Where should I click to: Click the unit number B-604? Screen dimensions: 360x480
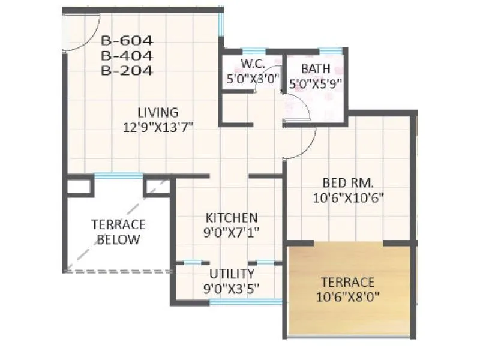click(127, 41)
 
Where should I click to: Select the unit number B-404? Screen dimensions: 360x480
click(127, 56)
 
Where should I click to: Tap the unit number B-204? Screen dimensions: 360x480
click(127, 70)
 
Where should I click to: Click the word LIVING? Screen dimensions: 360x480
click(158, 112)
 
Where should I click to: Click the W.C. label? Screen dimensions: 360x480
click(253, 65)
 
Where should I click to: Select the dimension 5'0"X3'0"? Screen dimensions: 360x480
click(253, 79)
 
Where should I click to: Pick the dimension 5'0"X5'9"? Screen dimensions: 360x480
click(316, 83)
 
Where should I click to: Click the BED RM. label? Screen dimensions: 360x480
click(348, 182)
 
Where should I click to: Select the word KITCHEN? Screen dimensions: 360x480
click(232, 217)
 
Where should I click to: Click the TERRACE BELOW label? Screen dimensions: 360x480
click(118, 232)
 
